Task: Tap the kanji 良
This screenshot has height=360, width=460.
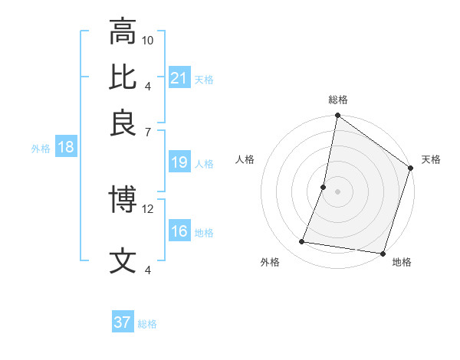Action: pos(123,123)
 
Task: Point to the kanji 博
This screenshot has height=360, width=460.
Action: pos(123,200)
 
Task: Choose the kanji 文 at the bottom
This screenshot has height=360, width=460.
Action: pos(123,260)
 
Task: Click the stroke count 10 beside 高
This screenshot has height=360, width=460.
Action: pos(148,40)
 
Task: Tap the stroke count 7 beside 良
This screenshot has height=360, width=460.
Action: pos(148,132)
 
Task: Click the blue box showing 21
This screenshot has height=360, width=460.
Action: pos(179,78)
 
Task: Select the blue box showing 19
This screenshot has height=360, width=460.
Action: pos(179,162)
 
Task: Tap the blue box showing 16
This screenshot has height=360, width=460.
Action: pos(179,231)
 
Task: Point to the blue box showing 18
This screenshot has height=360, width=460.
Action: pos(66,148)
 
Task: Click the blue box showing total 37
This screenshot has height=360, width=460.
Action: pos(123,322)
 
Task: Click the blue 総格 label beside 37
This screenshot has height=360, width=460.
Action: pos(147,324)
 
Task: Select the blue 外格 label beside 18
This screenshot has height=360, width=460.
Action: pos(41,149)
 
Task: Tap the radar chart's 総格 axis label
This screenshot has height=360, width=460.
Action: pos(337,100)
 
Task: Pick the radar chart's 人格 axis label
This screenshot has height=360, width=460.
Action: pos(245,159)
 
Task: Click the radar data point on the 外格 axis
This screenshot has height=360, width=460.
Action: pos(302,242)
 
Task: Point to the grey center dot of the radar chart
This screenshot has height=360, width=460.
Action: pos(337,191)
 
